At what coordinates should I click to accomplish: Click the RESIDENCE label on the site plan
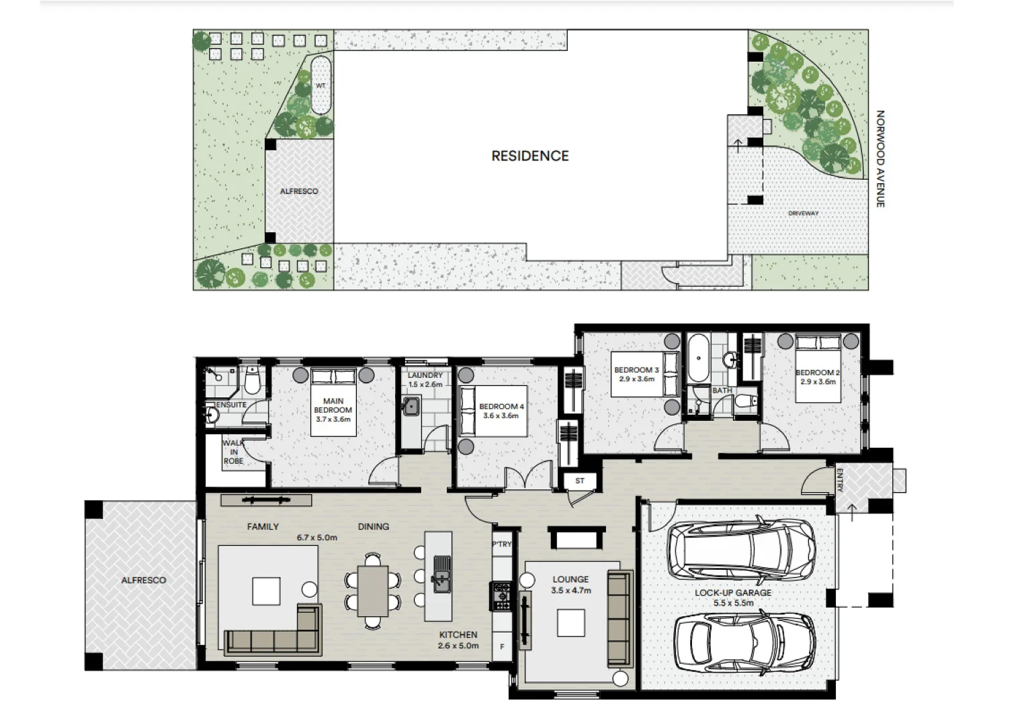(x=529, y=156)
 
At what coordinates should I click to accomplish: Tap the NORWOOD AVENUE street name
(x=880, y=159)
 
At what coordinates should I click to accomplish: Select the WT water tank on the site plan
(x=320, y=85)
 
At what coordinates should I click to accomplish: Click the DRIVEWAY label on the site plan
(x=803, y=213)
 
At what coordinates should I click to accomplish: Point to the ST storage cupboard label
(x=579, y=481)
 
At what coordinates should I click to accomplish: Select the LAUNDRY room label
(x=425, y=375)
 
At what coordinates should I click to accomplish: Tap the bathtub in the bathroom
(x=697, y=357)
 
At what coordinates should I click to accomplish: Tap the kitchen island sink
(x=441, y=574)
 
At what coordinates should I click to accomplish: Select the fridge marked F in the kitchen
(x=502, y=646)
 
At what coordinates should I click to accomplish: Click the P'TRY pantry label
(x=501, y=544)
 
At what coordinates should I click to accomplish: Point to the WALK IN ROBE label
(x=233, y=452)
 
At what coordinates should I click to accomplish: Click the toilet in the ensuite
(x=252, y=381)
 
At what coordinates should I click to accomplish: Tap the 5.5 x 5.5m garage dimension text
(x=732, y=603)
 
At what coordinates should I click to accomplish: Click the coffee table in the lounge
(x=570, y=622)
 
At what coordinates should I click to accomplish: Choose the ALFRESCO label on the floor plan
(x=143, y=580)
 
